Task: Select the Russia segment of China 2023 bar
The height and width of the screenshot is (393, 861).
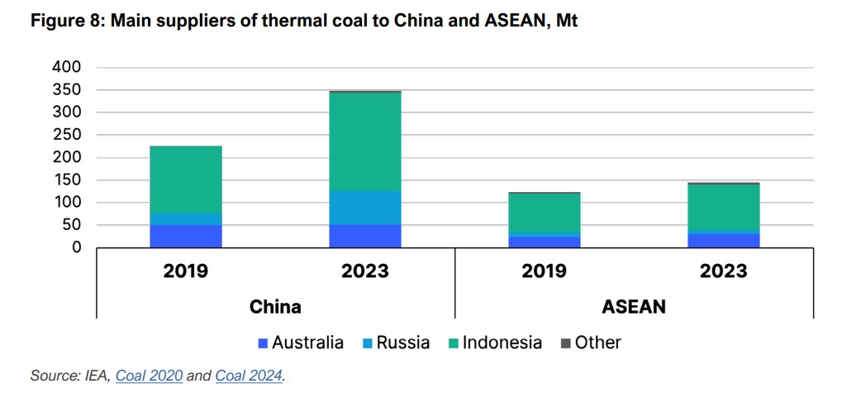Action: pos(365,207)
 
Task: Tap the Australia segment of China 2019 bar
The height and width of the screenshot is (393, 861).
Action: pos(186,236)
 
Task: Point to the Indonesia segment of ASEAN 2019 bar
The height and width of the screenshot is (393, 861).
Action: pos(545,213)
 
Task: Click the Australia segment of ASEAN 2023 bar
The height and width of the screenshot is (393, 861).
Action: pos(724,240)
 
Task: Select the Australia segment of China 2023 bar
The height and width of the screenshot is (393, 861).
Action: pos(365,236)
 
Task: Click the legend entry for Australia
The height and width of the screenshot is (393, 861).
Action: pos(301,343)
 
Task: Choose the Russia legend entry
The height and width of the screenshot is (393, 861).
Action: pos(396,343)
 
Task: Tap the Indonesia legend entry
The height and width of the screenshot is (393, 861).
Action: pos(495,343)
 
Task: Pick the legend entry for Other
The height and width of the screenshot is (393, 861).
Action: pos(591,343)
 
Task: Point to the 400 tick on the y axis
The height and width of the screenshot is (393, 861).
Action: pos(67,67)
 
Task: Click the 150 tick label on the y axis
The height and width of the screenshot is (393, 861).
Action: pos(67,180)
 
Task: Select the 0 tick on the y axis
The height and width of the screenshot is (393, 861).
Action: pos(76,247)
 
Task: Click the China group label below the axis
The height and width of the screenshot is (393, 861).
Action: pos(275,306)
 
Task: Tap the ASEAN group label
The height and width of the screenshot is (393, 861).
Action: pos(634,306)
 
